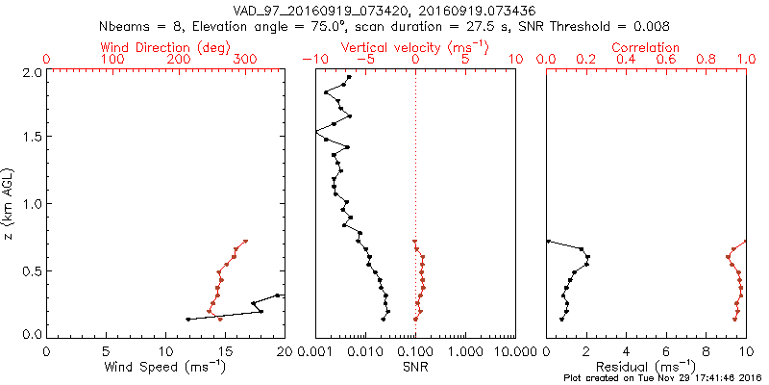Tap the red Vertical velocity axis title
click(x=414, y=47)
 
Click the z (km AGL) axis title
click(x=9, y=203)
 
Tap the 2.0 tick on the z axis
click(x=33, y=72)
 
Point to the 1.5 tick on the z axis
click(x=33, y=138)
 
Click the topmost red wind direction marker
click(x=245, y=241)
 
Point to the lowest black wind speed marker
click(x=187, y=319)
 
